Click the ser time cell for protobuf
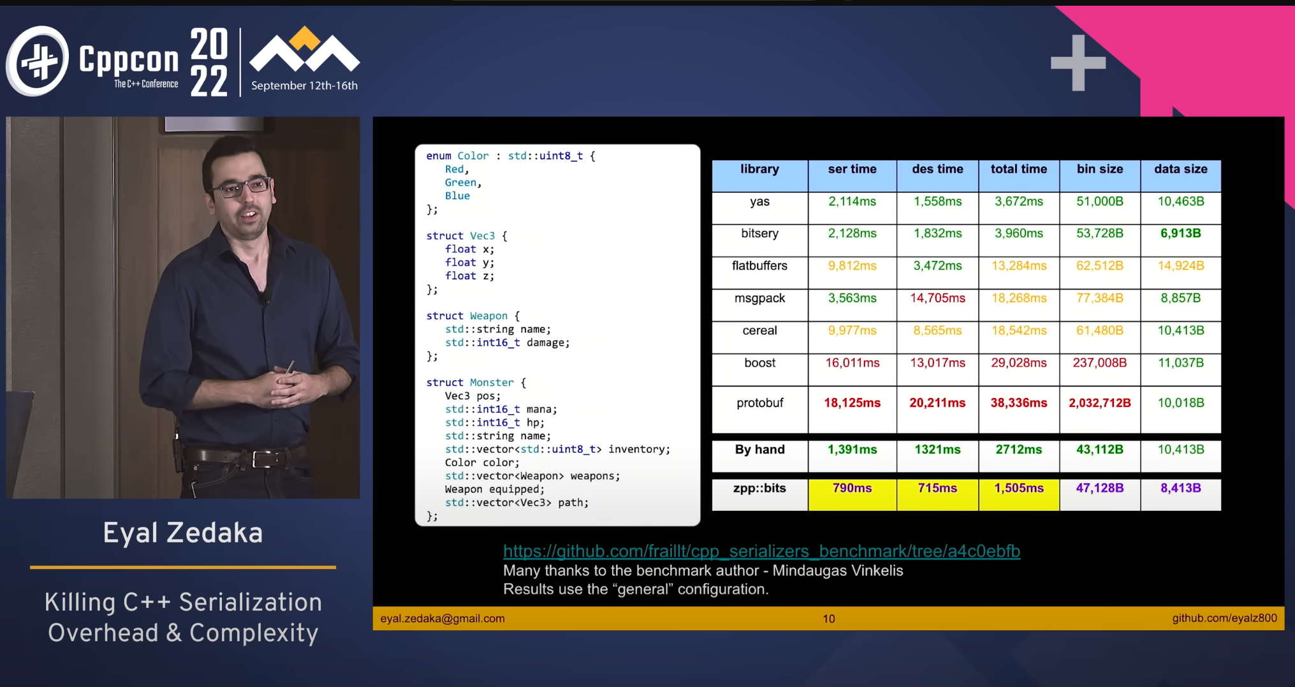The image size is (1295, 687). pyautogui.click(x=852, y=403)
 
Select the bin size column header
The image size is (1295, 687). pyautogui.click(x=1100, y=169)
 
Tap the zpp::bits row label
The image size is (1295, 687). pyautogui.click(x=759, y=488)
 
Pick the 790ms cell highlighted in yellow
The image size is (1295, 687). pyautogui.click(x=852, y=488)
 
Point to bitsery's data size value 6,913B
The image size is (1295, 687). pyautogui.click(x=1181, y=233)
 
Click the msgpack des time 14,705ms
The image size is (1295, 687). pyautogui.click(x=937, y=298)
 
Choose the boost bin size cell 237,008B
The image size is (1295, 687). pyautogui.click(x=1100, y=363)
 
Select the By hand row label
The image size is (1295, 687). pyautogui.click(x=759, y=450)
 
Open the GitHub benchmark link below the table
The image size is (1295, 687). pyautogui.click(x=761, y=551)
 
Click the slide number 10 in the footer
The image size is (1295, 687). pyautogui.click(x=829, y=619)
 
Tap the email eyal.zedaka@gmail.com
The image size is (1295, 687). pyautogui.click(x=443, y=619)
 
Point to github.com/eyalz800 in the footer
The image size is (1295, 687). pyautogui.click(x=1224, y=618)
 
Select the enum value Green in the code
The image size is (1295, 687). pyautogui.click(x=460, y=182)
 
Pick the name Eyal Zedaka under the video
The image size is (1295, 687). pyautogui.click(x=183, y=533)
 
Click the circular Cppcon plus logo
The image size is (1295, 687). pyautogui.click(x=38, y=61)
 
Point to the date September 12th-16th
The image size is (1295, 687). pyautogui.click(x=304, y=85)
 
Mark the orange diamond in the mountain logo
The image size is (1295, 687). pyautogui.click(x=305, y=38)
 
